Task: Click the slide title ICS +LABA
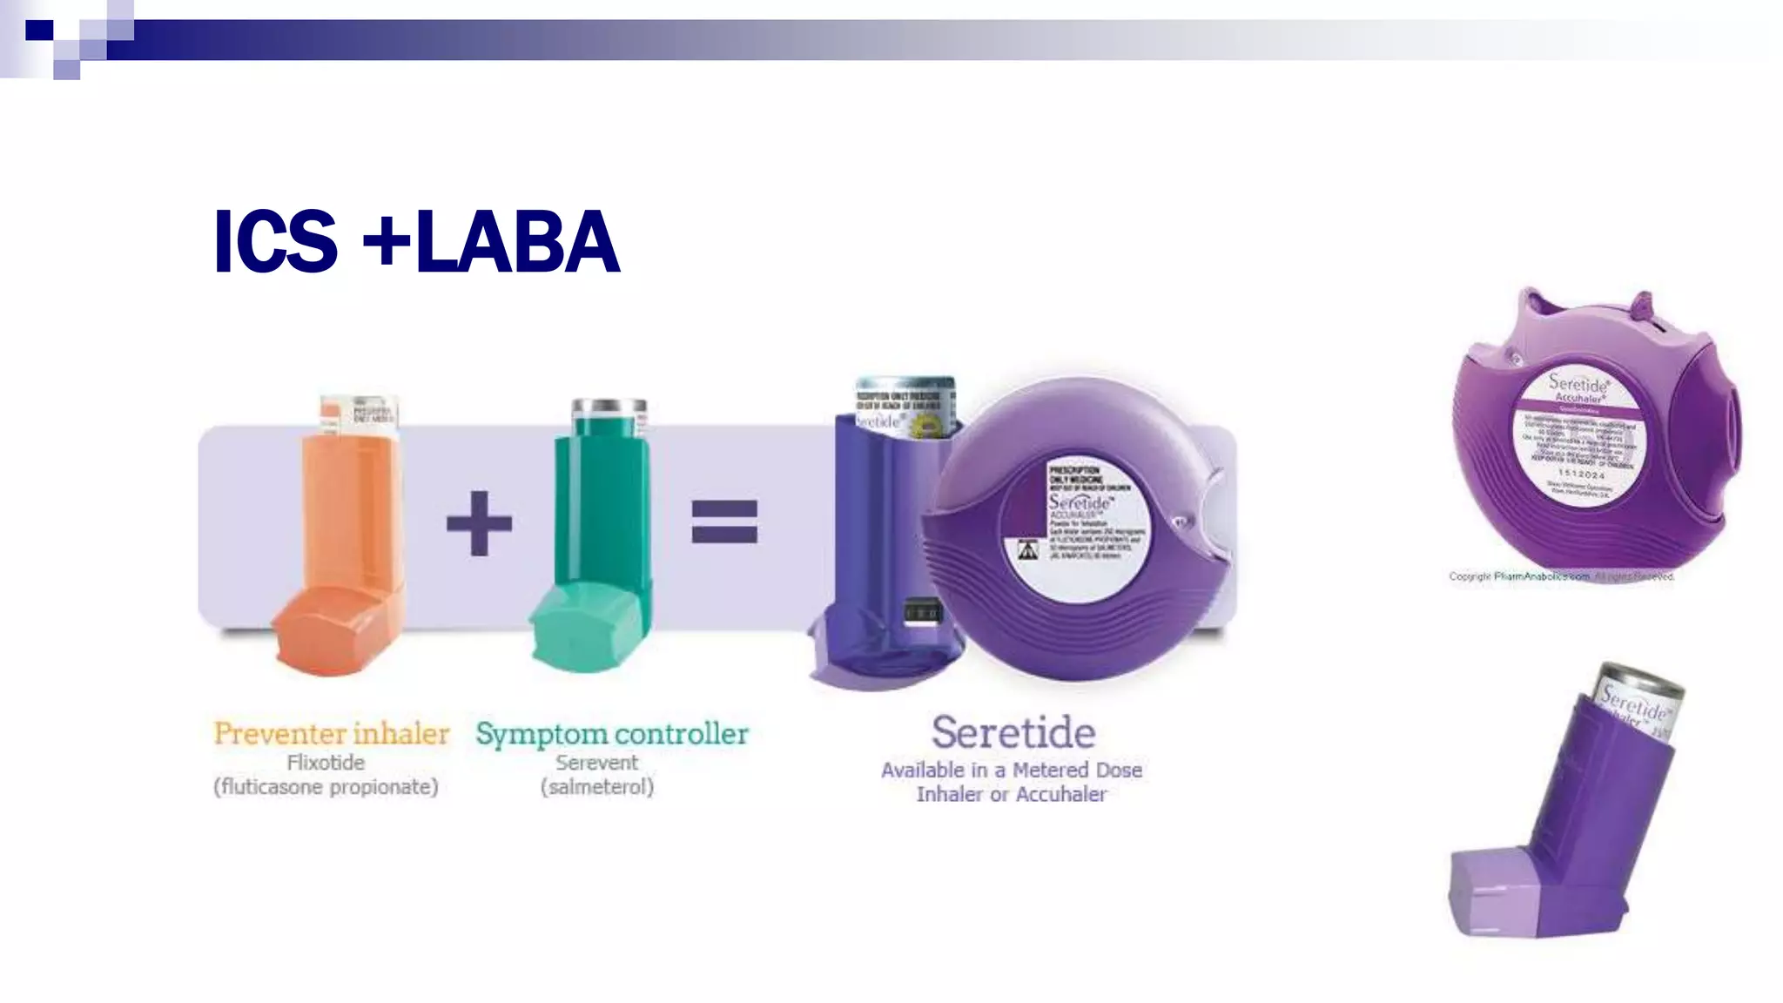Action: click(416, 241)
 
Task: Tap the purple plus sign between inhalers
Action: click(479, 523)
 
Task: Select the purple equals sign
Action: click(724, 522)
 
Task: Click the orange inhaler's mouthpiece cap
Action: click(331, 631)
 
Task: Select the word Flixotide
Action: click(326, 763)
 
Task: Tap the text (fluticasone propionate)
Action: click(326, 787)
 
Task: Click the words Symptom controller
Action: click(611, 733)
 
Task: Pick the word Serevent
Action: click(597, 763)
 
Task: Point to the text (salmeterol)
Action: click(597, 787)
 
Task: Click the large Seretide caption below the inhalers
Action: click(1013, 732)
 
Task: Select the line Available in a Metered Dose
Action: click(1012, 771)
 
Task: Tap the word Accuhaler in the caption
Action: click(1061, 795)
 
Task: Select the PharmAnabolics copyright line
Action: click(1561, 576)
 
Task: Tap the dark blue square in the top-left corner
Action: click(39, 30)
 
